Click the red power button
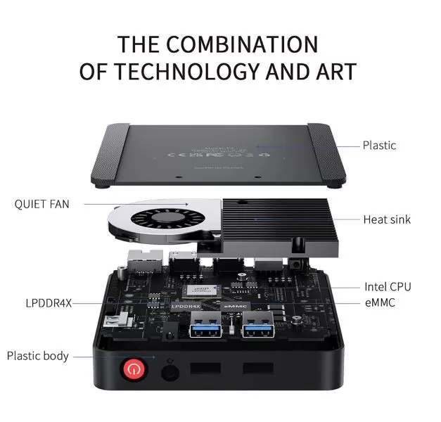(134, 368)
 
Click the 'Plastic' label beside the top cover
(379, 146)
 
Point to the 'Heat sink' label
(387, 219)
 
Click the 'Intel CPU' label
(388, 286)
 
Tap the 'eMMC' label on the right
(381, 302)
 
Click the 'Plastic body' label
(38, 355)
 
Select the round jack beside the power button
(168, 371)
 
